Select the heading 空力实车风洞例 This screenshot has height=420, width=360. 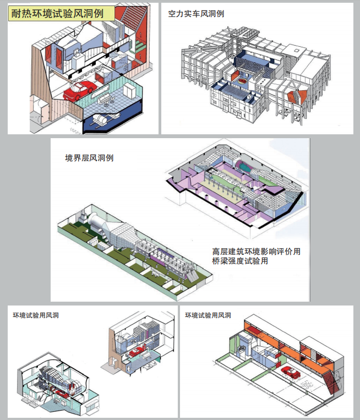coord(196,13)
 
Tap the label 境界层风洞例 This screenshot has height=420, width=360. coord(89,158)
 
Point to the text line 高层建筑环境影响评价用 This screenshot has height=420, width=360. coord(256,251)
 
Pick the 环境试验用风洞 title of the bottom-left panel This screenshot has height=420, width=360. coord(36,315)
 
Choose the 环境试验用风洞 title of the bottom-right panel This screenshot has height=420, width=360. coord(208,315)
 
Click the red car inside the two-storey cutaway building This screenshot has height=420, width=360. coord(139,350)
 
